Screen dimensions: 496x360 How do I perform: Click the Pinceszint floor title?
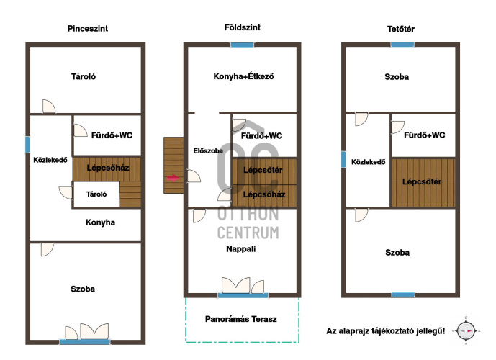[88, 29]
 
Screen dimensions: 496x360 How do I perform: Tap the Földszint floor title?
[243, 27]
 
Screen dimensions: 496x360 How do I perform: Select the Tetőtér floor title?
[400, 29]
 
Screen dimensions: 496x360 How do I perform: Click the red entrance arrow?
[173, 178]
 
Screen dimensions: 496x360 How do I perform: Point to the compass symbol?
[466, 331]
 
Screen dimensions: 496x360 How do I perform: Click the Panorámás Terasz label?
[240, 319]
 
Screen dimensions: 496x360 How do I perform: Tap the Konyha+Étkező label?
[243, 76]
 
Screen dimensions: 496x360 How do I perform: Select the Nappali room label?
[240, 249]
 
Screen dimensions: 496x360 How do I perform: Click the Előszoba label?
[208, 151]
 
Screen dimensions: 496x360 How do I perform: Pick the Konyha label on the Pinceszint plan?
[100, 222]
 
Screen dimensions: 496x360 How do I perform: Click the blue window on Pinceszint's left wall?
[28, 145]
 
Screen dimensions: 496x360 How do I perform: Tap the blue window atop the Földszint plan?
[243, 45]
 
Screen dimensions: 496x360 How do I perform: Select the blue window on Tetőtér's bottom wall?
[403, 294]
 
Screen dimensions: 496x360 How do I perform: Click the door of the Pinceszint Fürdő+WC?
[81, 130]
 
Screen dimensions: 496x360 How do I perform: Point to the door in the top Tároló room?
[49, 107]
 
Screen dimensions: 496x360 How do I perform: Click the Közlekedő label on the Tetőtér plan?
[368, 162]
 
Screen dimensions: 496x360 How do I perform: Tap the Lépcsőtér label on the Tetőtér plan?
[422, 181]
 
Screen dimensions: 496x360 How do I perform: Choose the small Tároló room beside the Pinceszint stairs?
[96, 194]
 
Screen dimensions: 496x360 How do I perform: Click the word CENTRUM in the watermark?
[248, 233]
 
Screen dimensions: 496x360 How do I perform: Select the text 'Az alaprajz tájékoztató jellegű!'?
[386, 331]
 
